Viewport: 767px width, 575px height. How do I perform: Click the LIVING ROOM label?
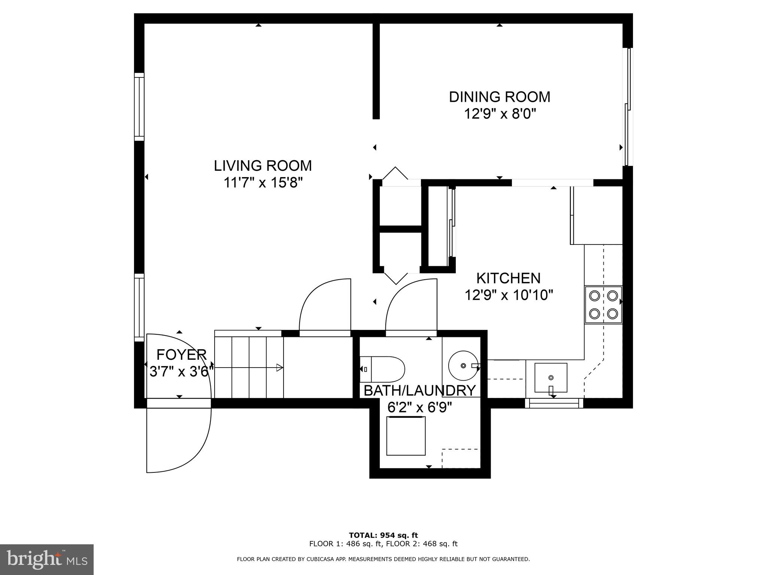pos(263,166)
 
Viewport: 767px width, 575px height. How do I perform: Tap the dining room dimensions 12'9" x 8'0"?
pos(500,113)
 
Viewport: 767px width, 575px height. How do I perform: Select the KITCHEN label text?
pos(508,279)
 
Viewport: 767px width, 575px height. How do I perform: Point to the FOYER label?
pos(181,354)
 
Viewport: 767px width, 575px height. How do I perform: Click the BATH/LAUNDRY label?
pos(419,390)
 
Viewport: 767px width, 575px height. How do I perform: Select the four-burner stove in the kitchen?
pos(603,304)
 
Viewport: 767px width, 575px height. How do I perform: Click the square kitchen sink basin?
pos(550,377)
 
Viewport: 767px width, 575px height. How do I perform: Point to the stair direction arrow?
pos(279,368)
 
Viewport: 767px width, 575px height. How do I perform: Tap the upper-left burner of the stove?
pos(594,296)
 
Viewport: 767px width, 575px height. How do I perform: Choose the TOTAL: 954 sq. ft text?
pos(383,535)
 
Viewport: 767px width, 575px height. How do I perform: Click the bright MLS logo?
pos(47,560)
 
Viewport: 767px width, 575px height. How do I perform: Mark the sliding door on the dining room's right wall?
pos(627,107)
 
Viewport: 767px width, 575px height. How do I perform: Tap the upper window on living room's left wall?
pos(139,107)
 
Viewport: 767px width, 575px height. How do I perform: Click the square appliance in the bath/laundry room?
pos(406,436)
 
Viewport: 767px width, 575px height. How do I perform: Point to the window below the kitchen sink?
pos(554,403)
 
